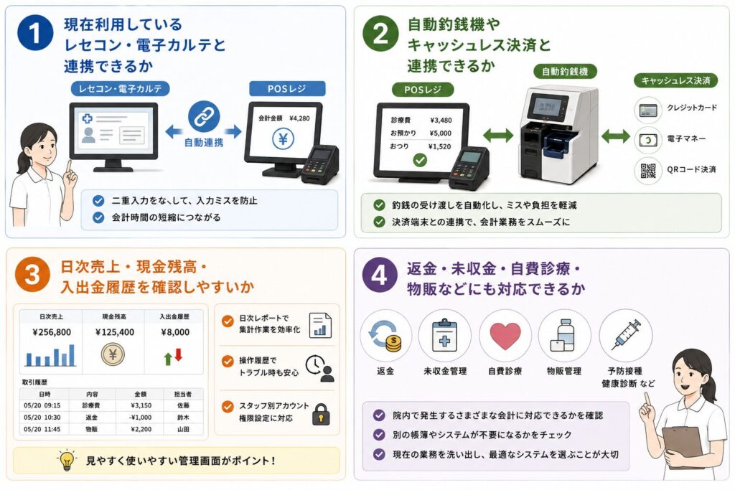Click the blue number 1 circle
35,33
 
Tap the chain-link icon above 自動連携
204,117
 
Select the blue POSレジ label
286,88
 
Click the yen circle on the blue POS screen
284,138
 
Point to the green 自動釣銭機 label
565,72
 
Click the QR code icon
648,171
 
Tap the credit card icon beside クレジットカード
648,110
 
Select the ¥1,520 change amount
439,146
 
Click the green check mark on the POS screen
420,160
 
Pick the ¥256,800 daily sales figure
52,332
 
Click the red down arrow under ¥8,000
179,355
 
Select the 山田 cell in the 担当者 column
183,429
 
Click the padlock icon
321,415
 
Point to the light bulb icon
67,460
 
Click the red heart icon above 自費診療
505,336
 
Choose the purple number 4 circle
379,275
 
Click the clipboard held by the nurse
683,447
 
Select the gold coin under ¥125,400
113,354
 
